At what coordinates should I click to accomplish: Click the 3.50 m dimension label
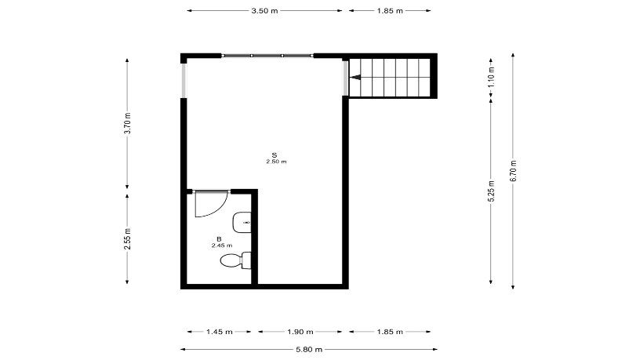click(x=264, y=11)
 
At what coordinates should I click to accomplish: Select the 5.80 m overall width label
click(x=309, y=349)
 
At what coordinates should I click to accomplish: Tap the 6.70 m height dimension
click(x=513, y=171)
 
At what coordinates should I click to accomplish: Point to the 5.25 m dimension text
click(x=491, y=191)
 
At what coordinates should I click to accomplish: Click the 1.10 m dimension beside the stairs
click(x=491, y=77)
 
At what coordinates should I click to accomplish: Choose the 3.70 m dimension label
click(x=127, y=123)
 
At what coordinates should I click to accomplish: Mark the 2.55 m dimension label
click(x=127, y=238)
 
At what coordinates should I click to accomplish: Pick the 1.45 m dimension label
click(x=219, y=332)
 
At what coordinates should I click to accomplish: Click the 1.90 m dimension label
click(x=300, y=332)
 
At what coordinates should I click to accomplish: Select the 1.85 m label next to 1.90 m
click(x=390, y=332)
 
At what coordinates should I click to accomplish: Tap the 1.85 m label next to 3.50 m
click(x=390, y=11)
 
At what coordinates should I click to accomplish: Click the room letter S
click(x=275, y=155)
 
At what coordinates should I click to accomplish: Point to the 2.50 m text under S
click(x=276, y=162)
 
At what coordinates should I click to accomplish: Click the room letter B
click(x=219, y=239)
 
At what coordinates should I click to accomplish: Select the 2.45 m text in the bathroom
click(x=222, y=245)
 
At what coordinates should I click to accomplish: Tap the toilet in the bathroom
click(x=235, y=260)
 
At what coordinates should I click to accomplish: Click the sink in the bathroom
click(x=242, y=223)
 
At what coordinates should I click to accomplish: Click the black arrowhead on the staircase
click(x=355, y=77)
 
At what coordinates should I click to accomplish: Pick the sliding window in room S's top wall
click(x=267, y=56)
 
